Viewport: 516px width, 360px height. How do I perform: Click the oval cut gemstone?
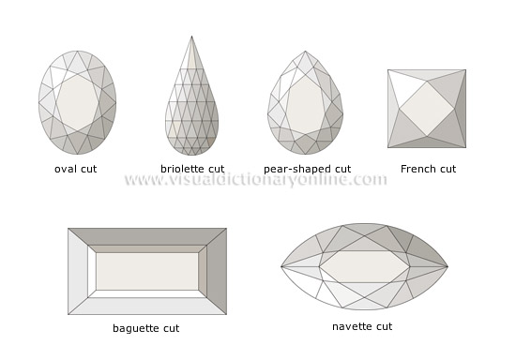tap(77, 102)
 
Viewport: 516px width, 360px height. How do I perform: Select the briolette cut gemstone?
tap(191, 103)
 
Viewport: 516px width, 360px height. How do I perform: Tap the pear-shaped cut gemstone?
tap(306, 103)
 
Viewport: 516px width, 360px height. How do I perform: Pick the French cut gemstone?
tap(427, 108)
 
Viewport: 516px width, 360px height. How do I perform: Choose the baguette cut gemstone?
tap(147, 271)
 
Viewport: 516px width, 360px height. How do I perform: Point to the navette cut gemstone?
tap(362, 266)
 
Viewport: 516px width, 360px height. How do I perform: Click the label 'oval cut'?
tap(76, 169)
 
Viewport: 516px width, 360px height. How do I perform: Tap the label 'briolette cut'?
tap(192, 169)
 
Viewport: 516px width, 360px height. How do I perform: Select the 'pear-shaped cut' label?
tap(307, 169)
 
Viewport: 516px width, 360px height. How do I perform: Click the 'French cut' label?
tap(428, 169)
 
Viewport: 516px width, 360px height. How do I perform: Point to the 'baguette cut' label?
tap(145, 328)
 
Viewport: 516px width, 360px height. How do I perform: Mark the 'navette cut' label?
tap(362, 326)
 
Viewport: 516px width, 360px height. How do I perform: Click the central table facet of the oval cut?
tap(77, 103)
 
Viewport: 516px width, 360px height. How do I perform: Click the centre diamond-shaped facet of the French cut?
tap(427, 109)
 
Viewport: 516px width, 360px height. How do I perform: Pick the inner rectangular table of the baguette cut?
tap(147, 271)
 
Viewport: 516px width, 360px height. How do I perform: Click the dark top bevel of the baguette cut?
tap(147, 236)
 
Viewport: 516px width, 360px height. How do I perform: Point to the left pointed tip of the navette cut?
tap(282, 267)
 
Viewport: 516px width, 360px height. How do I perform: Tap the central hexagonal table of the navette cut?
tap(364, 266)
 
